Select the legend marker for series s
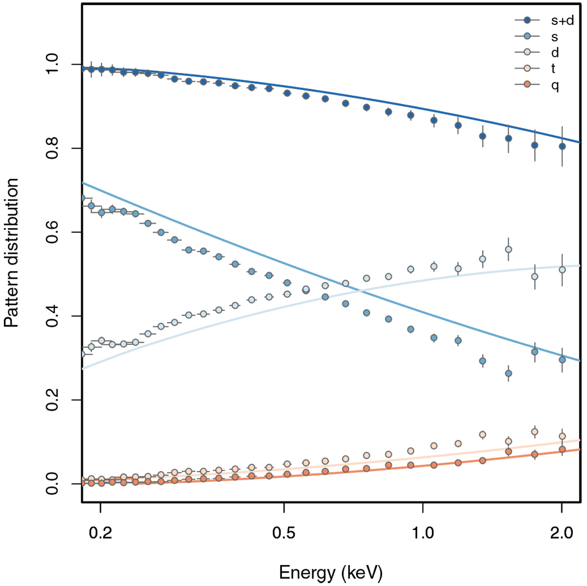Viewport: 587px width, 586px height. (527, 37)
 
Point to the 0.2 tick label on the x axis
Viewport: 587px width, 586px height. (100, 532)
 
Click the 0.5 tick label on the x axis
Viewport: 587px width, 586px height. (284, 532)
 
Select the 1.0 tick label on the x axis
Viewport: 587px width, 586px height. (423, 532)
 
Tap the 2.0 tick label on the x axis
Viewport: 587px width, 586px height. (562, 532)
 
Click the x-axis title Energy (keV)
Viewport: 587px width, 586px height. (331, 572)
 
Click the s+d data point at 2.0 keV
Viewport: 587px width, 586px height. (562, 146)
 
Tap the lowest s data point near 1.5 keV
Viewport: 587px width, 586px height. (508, 373)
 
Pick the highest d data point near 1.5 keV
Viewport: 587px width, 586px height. (508, 249)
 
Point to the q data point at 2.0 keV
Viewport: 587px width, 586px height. (562, 449)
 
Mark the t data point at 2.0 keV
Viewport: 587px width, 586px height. (562, 436)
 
